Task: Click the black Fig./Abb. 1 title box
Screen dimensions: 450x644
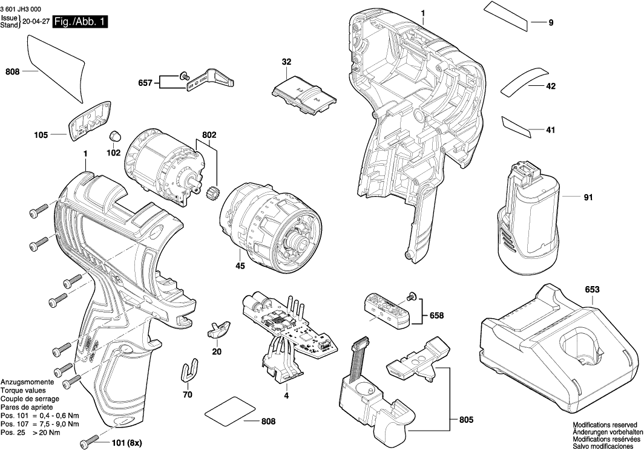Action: (80, 22)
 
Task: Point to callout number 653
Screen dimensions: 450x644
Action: (592, 290)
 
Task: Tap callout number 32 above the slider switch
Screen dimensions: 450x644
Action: (286, 62)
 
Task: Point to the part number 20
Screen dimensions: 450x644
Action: (216, 351)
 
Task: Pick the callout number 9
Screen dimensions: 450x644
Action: (551, 23)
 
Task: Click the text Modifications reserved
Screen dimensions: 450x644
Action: (605, 425)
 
